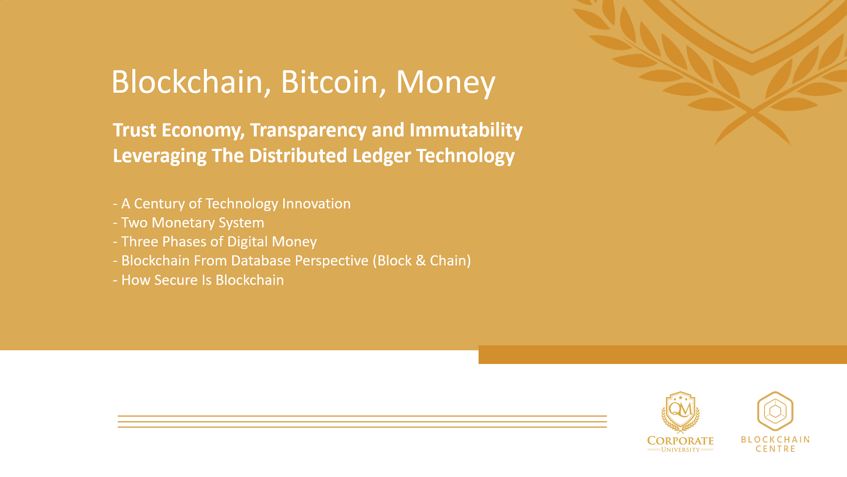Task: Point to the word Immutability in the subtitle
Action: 466,130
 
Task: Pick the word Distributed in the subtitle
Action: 298,156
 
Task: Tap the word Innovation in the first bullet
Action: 316,204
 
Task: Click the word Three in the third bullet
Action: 140,242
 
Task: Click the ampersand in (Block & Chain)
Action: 420,261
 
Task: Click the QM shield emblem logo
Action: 680,412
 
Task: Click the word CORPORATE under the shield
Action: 680,441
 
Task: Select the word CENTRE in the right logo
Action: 775,449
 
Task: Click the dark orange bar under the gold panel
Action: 662,355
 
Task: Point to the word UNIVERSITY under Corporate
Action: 680,450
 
